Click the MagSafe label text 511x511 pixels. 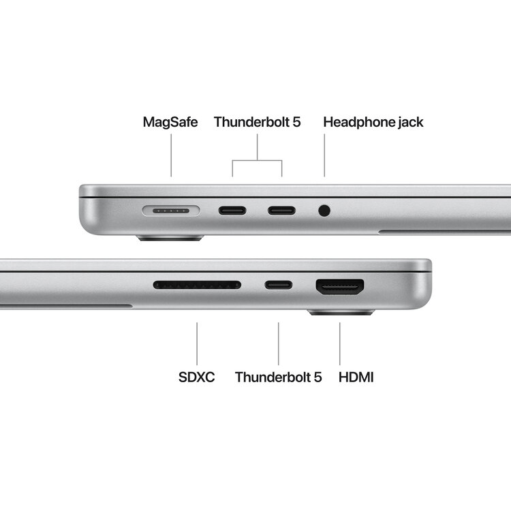pyautogui.click(x=170, y=123)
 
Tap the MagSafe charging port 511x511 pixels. pyautogui.click(x=171, y=211)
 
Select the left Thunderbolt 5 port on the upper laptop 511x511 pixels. pyautogui.click(x=232, y=210)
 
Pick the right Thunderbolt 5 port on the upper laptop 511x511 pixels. pyautogui.click(x=281, y=210)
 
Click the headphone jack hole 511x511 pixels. pyautogui.click(x=324, y=211)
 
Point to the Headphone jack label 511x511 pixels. pyautogui.click(x=373, y=123)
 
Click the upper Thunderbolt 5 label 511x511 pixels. pyautogui.click(x=257, y=123)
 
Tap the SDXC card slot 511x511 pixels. pyautogui.click(x=197, y=285)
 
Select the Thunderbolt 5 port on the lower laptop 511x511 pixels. pyautogui.click(x=279, y=285)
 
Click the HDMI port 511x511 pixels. pyautogui.click(x=339, y=286)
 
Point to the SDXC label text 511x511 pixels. pyautogui.click(x=196, y=377)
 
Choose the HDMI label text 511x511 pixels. pyautogui.click(x=356, y=377)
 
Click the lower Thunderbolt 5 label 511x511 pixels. pyautogui.click(x=278, y=377)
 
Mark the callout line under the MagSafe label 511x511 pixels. pyautogui.click(x=171, y=155)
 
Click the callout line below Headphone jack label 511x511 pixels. pyautogui.click(x=324, y=155)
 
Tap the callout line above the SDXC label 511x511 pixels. pyautogui.click(x=197, y=343)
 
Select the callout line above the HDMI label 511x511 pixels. pyautogui.click(x=339, y=343)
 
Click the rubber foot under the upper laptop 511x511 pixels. pyautogui.click(x=170, y=238)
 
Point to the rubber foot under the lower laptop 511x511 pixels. pyautogui.click(x=341, y=313)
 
